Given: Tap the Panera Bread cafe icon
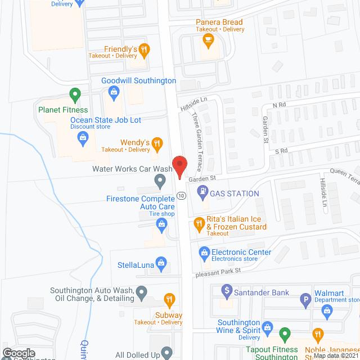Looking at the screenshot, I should [208, 39].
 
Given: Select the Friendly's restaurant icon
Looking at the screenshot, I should [145, 49].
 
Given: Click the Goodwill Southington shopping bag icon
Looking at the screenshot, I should [113, 92].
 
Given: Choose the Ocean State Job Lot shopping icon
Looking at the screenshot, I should [83, 137].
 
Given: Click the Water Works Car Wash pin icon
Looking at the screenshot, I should [160, 181].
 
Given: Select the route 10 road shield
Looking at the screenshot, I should [181, 195].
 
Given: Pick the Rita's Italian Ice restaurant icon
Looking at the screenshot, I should [199, 224].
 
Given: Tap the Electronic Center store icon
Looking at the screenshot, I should [203, 251].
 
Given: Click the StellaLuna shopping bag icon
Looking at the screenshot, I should [161, 262].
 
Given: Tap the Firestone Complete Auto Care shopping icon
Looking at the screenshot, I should [161, 225].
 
